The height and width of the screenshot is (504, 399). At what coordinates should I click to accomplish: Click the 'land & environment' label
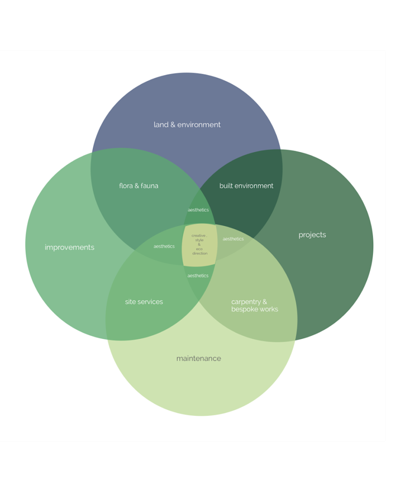[x=187, y=125]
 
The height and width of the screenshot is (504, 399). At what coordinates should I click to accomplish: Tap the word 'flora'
[x=126, y=186]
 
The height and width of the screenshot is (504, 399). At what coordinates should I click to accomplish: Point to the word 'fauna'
[x=149, y=186]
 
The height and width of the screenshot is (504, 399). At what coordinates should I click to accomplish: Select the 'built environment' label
[x=246, y=186]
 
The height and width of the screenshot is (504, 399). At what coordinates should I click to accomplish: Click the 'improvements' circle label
[x=70, y=247]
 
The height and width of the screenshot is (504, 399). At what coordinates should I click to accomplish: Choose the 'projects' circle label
[x=312, y=235]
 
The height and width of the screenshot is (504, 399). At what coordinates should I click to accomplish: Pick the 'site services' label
[x=144, y=302]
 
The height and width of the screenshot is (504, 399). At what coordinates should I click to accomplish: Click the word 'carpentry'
[x=246, y=302]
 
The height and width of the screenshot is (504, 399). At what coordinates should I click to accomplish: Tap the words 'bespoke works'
[x=254, y=309]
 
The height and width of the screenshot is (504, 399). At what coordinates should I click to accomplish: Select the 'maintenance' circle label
[x=199, y=358]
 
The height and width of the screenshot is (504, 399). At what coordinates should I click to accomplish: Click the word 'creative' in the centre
[x=198, y=236]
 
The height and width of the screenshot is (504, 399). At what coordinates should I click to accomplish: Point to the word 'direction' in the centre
[x=200, y=253]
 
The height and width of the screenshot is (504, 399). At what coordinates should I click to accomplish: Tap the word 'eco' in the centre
[x=199, y=249]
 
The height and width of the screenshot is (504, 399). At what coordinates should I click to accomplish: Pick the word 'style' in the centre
[x=199, y=240]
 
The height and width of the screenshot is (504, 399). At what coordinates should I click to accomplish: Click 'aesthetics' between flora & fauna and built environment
[x=198, y=210]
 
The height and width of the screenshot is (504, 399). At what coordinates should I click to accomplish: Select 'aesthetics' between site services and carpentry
[x=198, y=276]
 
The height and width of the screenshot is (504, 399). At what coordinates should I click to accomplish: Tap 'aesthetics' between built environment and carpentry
[x=233, y=239]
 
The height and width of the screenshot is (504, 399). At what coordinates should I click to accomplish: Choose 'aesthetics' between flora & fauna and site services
[x=164, y=246]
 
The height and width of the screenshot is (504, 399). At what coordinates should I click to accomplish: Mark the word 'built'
[x=227, y=186]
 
